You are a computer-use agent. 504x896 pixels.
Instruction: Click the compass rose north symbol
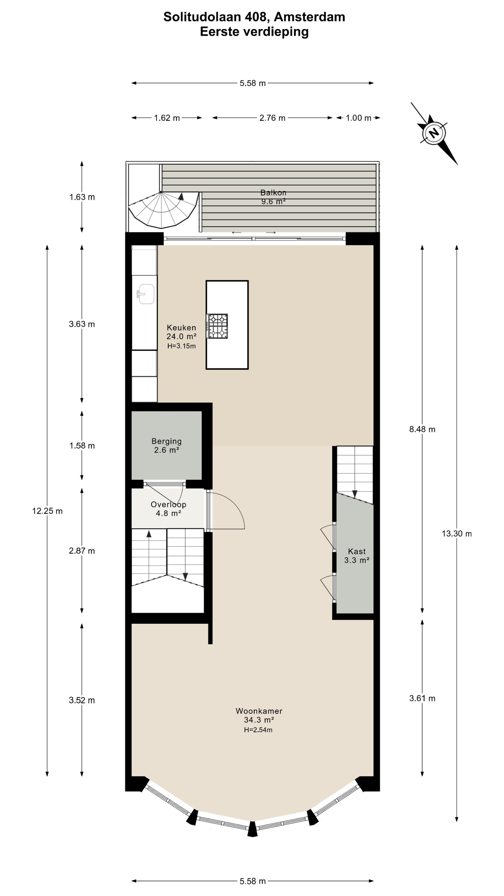(x=434, y=133)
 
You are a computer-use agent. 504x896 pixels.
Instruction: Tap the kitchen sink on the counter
(x=146, y=294)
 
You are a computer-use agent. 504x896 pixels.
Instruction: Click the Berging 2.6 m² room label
(x=167, y=446)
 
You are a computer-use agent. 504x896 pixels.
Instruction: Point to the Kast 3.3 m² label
(x=357, y=556)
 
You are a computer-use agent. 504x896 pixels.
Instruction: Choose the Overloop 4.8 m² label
(x=168, y=509)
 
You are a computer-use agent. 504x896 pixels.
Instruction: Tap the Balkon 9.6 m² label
(x=273, y=197)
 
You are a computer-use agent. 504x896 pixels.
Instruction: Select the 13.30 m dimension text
(x=457, y=533)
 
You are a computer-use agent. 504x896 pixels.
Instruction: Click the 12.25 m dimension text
(x=47, y=511)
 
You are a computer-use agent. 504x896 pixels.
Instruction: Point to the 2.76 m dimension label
(x=272, y=118)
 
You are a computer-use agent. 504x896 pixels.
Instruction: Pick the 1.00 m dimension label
(x=358, y=118)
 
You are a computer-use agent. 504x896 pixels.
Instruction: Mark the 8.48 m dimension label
(x=422, y=429)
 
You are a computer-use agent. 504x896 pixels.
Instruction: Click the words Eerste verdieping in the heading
(x=254, y=32)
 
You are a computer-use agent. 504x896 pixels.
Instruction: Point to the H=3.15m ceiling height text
(x=182, y=346)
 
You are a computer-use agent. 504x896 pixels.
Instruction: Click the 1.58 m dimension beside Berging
(x=82, y=446)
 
